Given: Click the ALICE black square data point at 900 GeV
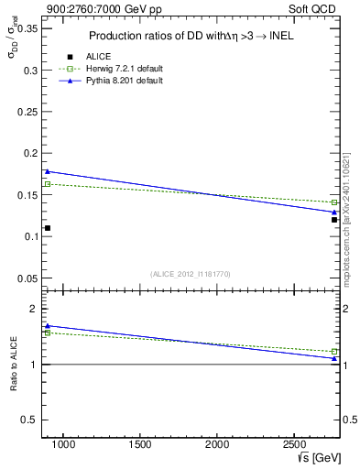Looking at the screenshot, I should pos(48,228).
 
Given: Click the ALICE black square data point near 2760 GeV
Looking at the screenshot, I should pos(334,220).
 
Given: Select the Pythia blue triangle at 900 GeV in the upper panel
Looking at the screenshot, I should pos(48,171).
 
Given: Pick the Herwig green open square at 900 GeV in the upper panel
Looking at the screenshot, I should pos(48,184).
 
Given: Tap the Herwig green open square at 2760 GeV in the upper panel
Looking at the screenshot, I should pos(334,202).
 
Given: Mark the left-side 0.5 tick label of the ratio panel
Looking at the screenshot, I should pos(28,420).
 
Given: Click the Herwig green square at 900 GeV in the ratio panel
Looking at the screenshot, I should pos(48,333).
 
